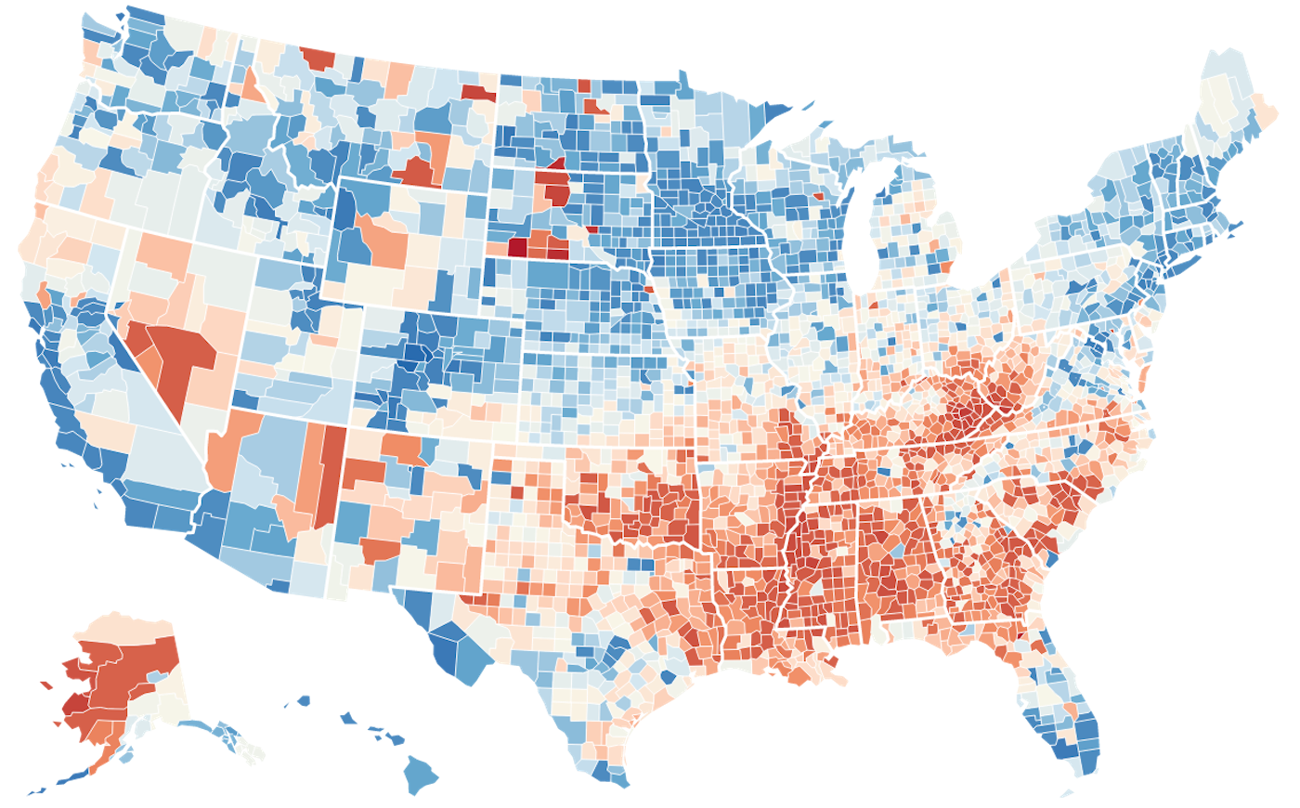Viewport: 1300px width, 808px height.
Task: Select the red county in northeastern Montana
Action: point(479,92)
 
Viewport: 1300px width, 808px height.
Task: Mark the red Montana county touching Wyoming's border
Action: point(418,172)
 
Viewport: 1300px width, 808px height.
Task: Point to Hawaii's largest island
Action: point(422,771)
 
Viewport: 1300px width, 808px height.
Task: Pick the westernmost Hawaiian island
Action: point(304,701)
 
